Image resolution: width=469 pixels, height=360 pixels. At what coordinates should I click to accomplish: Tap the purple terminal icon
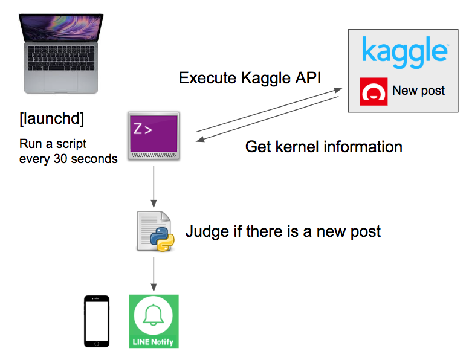tap(154, 135)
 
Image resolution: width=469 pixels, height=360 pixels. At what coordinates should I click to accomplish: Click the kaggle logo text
tap(404, 51)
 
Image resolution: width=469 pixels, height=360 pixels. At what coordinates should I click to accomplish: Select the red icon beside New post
tap(374, 91)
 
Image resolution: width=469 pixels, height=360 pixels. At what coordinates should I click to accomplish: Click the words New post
tap(418, 91)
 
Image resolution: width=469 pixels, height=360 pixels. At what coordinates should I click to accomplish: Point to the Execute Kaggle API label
tap(250, 79)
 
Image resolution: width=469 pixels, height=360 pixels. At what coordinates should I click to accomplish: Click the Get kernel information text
tap(323, 147)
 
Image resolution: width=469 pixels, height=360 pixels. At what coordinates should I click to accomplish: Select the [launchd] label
tap(52, 119)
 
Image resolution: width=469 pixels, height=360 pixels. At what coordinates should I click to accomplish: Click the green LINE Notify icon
tap(154, 321)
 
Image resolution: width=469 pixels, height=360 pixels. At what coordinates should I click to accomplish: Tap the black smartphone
tap(97, 321)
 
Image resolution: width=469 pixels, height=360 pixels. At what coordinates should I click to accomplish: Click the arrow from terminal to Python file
tap(154, 184)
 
